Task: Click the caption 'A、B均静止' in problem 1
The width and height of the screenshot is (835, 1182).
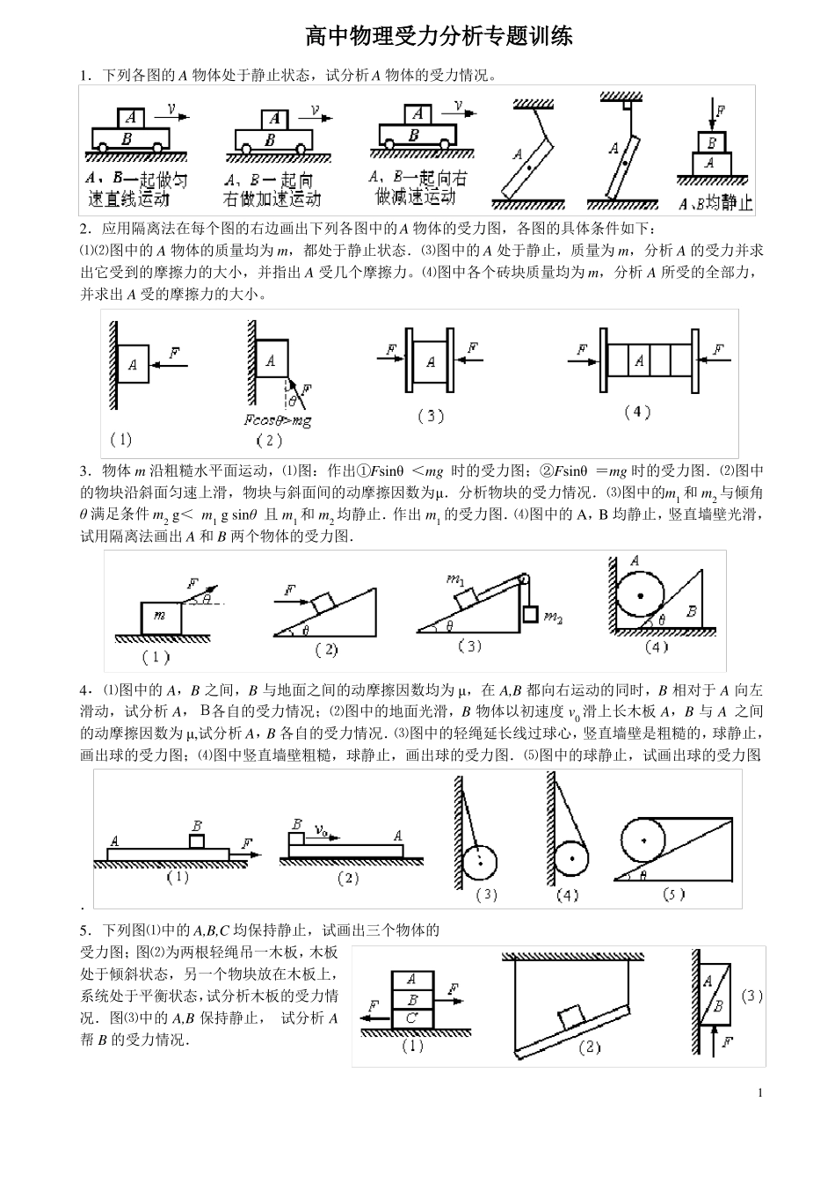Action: pyautogui.click(x=716, y=203)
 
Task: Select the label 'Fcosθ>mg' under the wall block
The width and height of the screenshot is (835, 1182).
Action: pyautogui.click(x=278, y=420)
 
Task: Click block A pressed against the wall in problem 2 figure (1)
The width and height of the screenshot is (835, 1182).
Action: pyautogui.click(x=133, y=364)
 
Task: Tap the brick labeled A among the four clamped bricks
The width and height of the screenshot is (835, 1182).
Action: pyautogui.click(x=639, y=361)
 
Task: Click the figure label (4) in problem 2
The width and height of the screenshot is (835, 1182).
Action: pyautogui.click(x=636, y=412)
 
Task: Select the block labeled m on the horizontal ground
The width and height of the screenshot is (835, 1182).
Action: pyautogui.click(x=161, y=617)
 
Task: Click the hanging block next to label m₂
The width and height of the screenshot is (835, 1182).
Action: pyautogui.click(x=529, y=614)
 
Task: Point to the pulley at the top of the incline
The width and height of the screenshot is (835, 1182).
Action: pyautogui.click(x=525, y=580)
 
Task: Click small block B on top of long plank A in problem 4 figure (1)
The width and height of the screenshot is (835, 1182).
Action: pyautogui.click(x=197, y=841)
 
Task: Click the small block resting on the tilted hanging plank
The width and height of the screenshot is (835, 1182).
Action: pyautogui.click(x=573, y=1016)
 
